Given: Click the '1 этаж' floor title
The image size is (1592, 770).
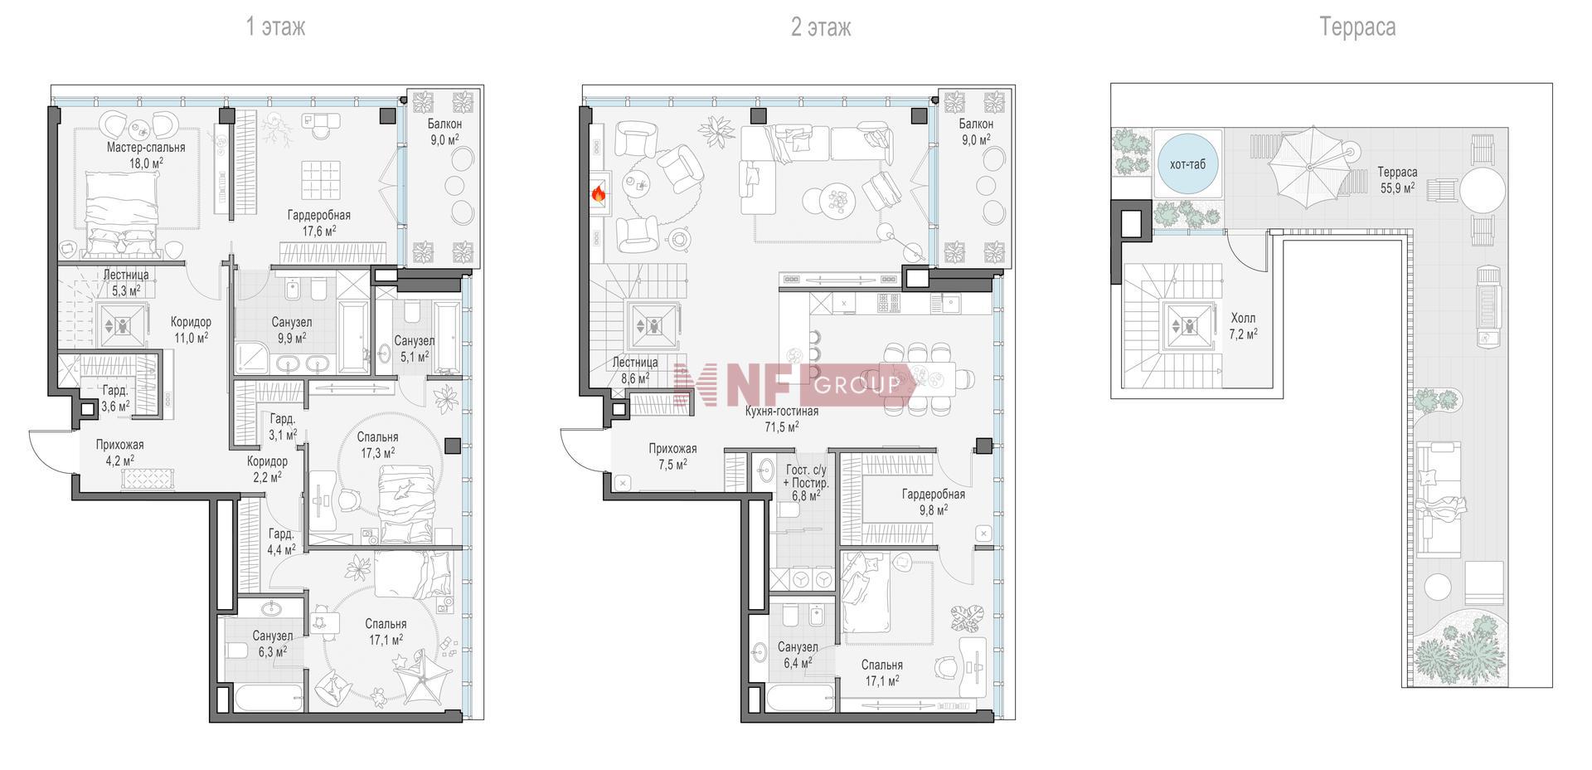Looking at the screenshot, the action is (x=275, y=27).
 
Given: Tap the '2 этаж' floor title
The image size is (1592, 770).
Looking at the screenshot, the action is (x=821, y=27).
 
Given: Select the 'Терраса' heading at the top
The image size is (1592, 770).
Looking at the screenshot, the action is (x=1357, y=27).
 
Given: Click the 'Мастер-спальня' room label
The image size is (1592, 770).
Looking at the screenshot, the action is (x=146, y=147).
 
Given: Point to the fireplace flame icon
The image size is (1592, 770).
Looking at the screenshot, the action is (x=597, y=194).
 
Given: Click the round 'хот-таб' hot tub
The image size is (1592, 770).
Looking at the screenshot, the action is (x=1187, y=164).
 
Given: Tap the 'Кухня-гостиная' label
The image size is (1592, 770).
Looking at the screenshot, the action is (x=782, y=411).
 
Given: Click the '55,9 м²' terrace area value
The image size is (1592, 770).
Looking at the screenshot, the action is (x=1398, y=188).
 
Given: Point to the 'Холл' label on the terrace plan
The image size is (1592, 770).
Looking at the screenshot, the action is (x=1243, y=318).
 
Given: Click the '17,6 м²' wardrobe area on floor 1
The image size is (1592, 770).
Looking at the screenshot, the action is (x=318, y=231).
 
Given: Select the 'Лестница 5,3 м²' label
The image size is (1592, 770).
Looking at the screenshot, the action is (x=126, y=282).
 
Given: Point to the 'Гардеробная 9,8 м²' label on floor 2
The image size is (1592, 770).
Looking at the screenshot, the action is (x=934, y=502).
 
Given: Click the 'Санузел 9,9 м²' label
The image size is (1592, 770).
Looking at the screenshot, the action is (x=292, y=329).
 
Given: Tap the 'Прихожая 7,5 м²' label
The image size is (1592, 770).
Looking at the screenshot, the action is (x=672, y=456).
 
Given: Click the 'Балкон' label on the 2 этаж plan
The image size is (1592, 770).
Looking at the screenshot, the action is (x=976, y=124).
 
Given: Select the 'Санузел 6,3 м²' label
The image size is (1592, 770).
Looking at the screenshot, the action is (x=273, y=644).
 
